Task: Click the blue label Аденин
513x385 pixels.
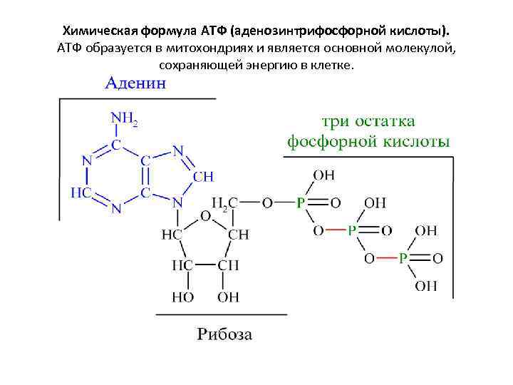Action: [136, 83]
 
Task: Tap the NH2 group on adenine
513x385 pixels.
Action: [123, 118]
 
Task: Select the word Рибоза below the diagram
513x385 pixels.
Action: [224, 334]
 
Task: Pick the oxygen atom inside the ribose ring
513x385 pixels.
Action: [205, 215]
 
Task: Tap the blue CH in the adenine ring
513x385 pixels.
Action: [203, 176]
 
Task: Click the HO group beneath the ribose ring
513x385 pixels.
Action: [181, 296]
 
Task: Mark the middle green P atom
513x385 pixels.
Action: [351, 230]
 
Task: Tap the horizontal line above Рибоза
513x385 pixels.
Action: [221, 314]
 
